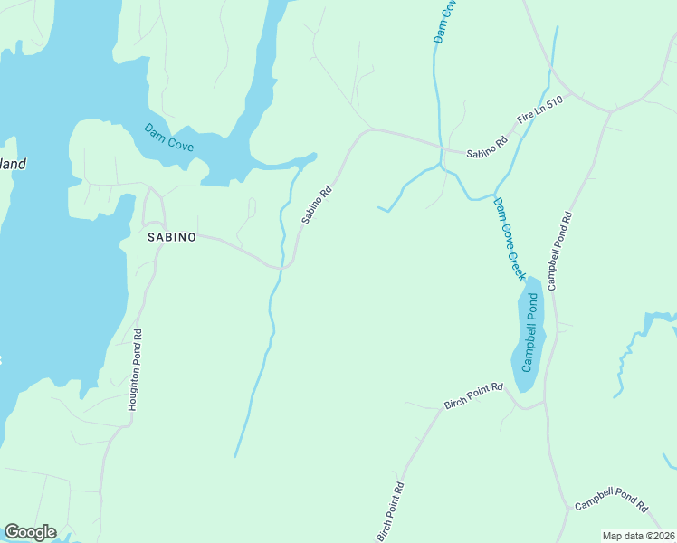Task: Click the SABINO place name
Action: click(171, 237)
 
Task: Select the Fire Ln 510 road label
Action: click(539, 113)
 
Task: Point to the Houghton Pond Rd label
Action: click(136, 369)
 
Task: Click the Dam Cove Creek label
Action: click(510, 237)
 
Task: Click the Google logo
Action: click(30, 532)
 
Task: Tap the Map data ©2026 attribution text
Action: click(639, 536)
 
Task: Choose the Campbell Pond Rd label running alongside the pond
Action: click(559, 251)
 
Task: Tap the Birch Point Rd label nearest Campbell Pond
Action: click(472, 394)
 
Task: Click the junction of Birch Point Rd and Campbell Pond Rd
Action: click(546, 404)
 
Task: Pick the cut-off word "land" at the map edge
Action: click(12, 165)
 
